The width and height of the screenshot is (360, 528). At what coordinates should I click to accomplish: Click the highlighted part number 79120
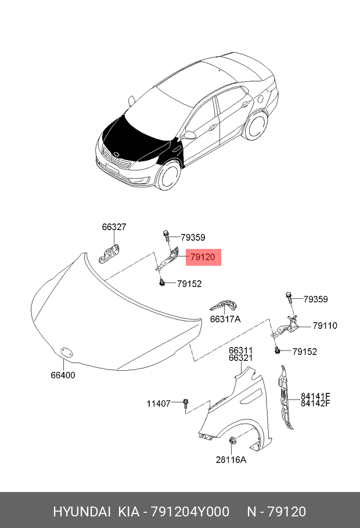(203, 257)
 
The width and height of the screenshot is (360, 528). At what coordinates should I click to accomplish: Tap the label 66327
(114, 227)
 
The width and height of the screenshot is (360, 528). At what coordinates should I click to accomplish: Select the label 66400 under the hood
(63, 375)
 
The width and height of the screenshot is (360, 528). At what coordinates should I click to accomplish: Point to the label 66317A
(225, 319)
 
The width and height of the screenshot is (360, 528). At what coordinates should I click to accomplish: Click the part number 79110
(325, 326)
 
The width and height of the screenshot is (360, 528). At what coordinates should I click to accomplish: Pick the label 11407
(158, 403)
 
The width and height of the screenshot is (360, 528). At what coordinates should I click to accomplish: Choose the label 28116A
(231, 460)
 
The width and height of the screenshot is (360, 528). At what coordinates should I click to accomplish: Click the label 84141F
(315, 396)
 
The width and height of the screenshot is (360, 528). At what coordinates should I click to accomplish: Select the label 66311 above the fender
(240, 350)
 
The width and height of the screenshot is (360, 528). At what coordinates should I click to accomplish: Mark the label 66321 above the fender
(240, 358)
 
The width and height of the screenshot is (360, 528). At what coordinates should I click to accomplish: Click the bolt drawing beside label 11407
(185, 403)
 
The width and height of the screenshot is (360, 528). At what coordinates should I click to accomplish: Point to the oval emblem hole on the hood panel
(66, 351)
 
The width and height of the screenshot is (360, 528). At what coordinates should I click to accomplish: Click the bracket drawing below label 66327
(110, 253)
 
